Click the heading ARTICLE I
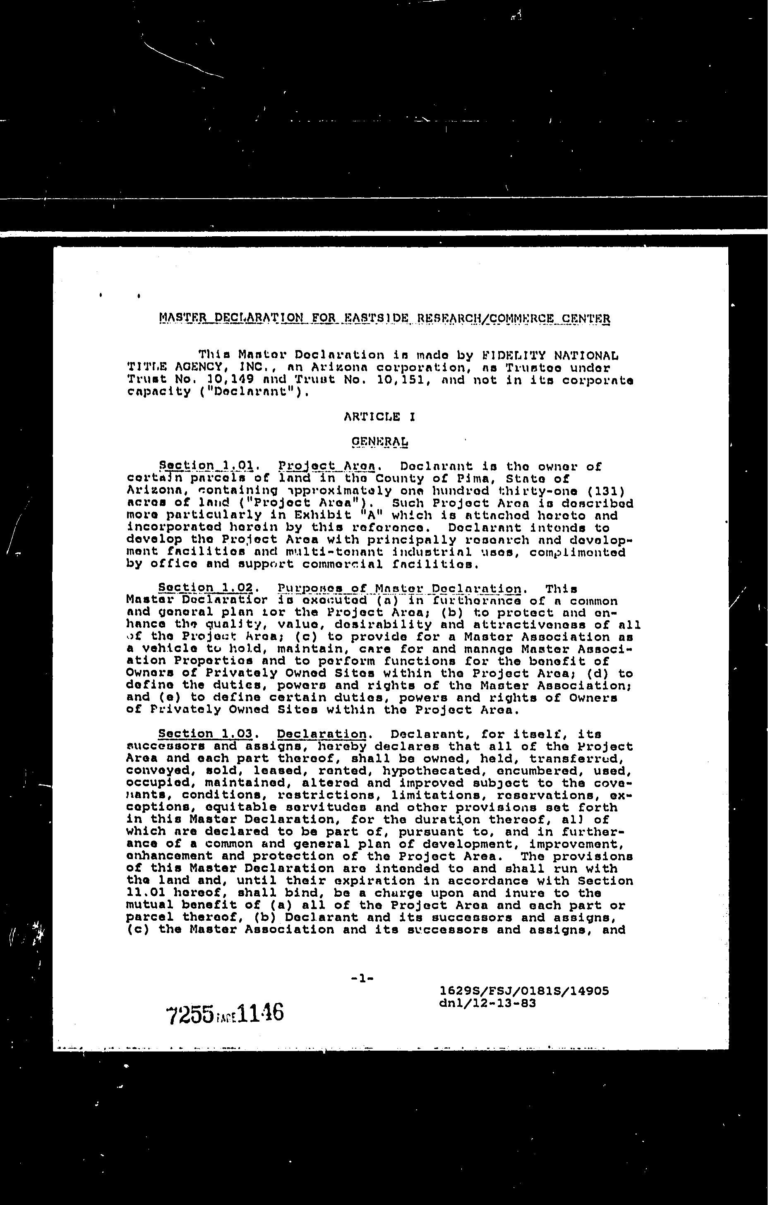click(379, 416)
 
